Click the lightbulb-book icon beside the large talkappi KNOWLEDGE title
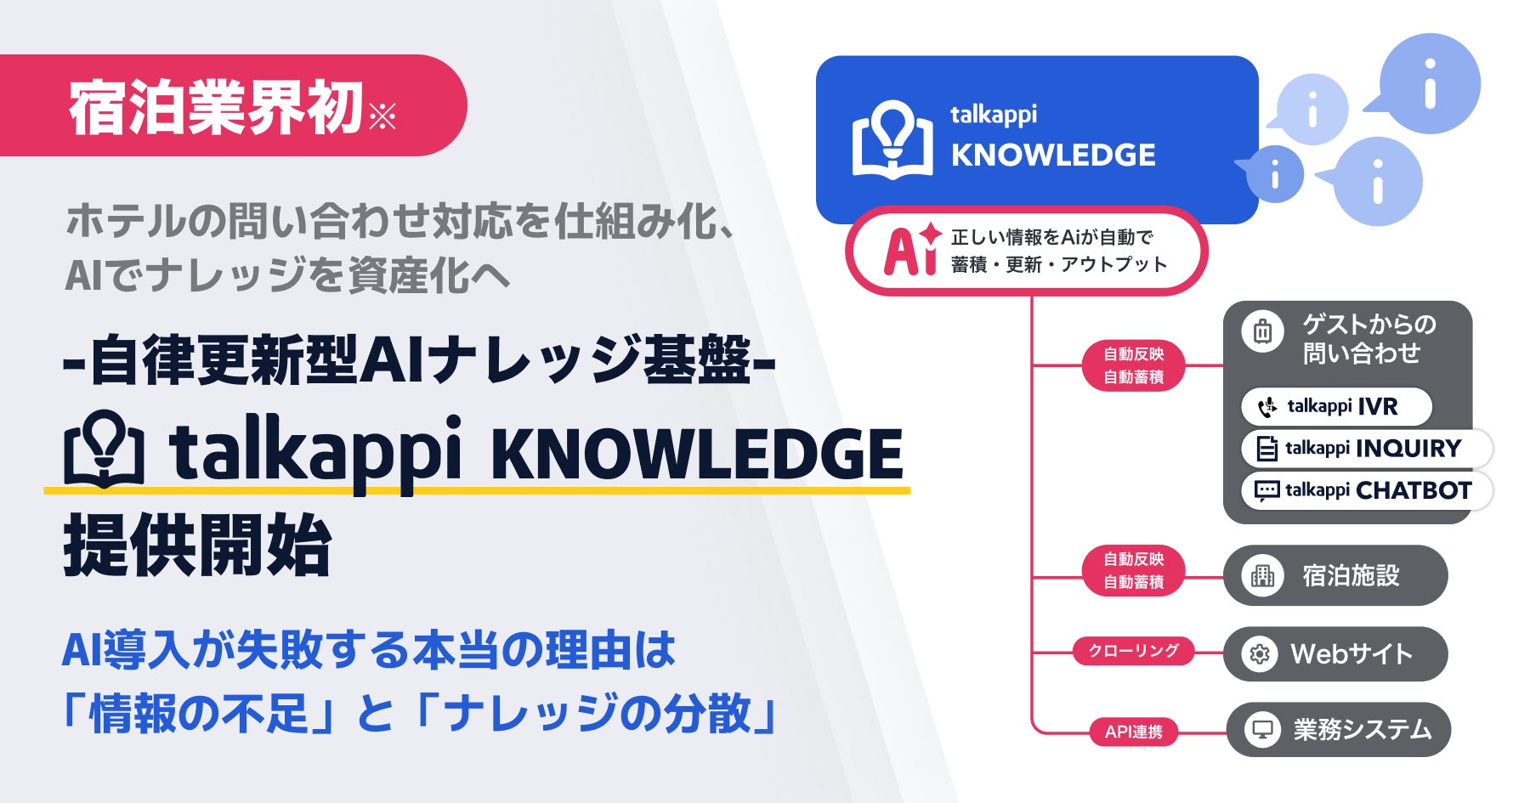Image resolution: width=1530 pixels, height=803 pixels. (103, 450)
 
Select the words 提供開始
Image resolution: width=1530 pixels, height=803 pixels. (197, 546)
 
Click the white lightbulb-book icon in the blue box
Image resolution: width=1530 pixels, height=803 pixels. (892, 139)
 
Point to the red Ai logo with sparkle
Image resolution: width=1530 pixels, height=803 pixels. (911, 250)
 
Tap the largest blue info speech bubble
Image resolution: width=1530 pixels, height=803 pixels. (1429, 83)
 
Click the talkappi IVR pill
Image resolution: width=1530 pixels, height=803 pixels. (1335, 406)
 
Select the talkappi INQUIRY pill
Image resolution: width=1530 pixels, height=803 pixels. (1365, 448)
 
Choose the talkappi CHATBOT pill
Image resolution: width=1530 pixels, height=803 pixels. (1366, 490)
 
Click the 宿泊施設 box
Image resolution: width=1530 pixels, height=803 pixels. (1334, 575)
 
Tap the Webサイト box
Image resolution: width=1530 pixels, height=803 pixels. (1334, 653)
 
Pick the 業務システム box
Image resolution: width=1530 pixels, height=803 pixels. (1338, 729)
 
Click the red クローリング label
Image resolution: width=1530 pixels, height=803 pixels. (1134, 651)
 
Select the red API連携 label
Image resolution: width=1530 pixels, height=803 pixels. (1134, 732)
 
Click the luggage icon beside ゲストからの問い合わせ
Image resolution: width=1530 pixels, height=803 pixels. (1262, 331)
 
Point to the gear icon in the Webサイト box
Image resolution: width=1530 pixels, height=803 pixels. (1260, 654)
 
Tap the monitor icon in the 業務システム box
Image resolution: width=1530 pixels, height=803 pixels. (1262, 730)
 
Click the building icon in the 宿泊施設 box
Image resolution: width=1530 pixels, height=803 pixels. (1262, 576)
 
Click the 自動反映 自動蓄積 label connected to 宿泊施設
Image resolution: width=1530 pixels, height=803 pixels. (1134, 570)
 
